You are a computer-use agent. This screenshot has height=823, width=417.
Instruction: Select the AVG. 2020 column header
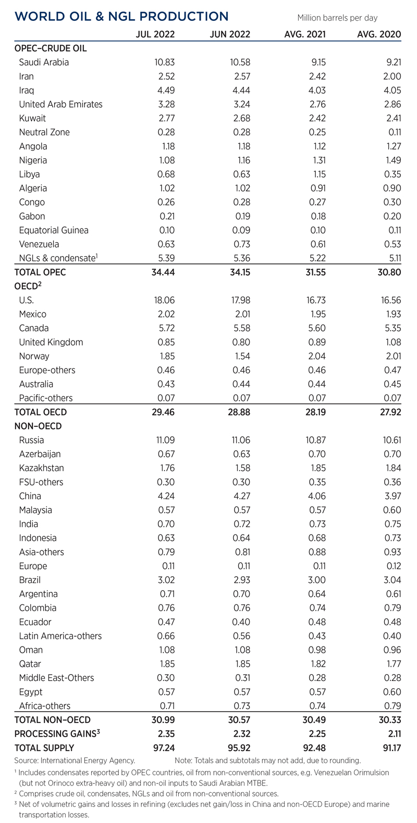pyautogui.click(x=379, y=35)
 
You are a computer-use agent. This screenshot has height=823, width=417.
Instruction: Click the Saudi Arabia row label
pyautogui.click(x=44, y=62)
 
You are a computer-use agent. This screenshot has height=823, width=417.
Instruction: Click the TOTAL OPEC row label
pyautogui.click(x=40, y=272)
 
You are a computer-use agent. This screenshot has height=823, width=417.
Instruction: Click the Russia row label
pyautogui.click(x=31, y=440)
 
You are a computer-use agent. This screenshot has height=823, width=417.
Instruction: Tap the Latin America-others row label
pyautogui.click(x=60, y=636)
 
